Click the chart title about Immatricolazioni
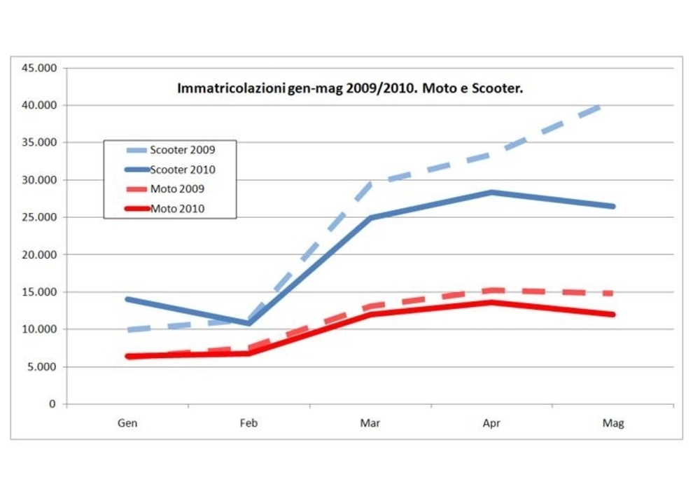coord(350,89)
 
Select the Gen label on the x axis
coord(127,423)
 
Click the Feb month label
coord(248,423)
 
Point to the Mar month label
coord(370,423)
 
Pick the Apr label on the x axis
coord(492,423)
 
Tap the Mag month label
coord(613,423)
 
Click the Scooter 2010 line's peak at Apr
coord(492,192)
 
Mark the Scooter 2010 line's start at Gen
coord(127,299)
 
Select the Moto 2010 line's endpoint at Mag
coord(613,314)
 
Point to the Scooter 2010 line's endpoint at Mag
coord(613,206)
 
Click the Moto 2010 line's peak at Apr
coord(492,302)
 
